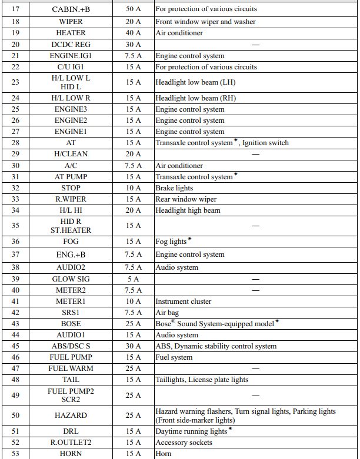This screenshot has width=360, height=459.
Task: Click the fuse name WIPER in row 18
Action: click(71, 22)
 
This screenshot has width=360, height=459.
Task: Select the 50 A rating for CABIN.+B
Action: click(133, 10)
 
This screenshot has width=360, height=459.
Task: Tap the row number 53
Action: click(15, 454)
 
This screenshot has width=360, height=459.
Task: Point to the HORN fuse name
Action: click(71, 454)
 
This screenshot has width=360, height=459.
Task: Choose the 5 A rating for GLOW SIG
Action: click(133, 279)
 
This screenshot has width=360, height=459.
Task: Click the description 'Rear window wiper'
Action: click(186, 199)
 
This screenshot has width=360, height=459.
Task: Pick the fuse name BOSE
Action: click(71, 324)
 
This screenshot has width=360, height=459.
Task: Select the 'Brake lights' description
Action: click(174, 188)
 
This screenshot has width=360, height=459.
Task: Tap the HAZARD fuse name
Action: click(71, 416)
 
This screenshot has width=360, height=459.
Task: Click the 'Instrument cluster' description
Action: click(183, 301)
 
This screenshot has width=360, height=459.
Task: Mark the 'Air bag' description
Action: click(167, 313)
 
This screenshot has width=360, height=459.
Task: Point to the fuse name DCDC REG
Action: click(71, 45)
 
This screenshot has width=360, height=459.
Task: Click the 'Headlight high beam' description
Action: click(188, 210)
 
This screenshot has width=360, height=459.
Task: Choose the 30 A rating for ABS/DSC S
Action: click(133, 346)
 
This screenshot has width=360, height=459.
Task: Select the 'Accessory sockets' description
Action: click(184, 443)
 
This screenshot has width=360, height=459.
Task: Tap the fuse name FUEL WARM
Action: click(71, 368)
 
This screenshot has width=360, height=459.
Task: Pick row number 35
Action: click(15, 226)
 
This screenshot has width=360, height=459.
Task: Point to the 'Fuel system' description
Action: click(174, 357)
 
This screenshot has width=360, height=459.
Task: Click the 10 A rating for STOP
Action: click(133, 188)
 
